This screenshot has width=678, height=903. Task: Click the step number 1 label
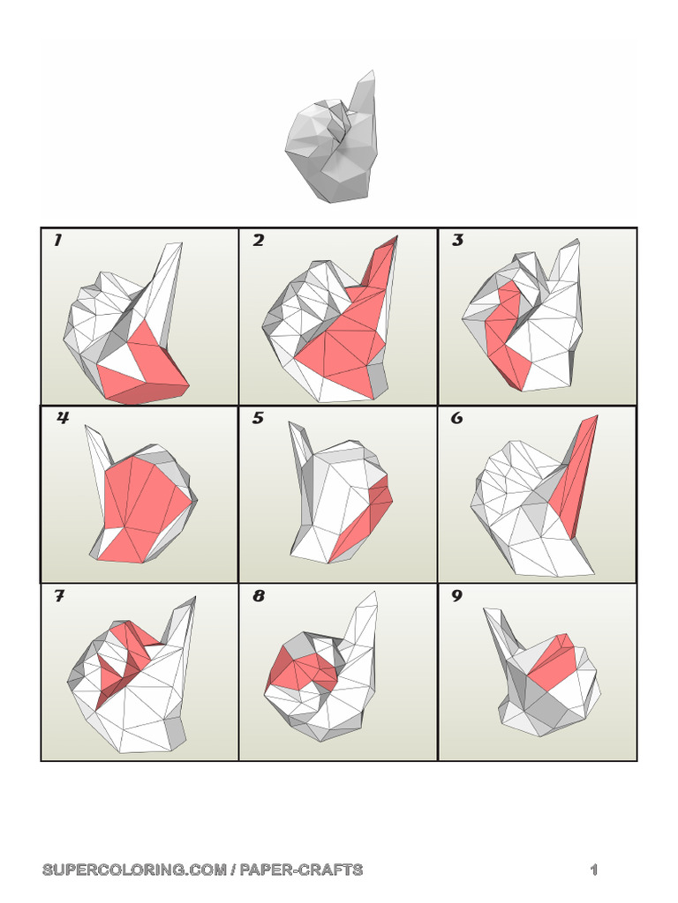[57, 241]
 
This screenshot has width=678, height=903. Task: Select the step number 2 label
[258, 241]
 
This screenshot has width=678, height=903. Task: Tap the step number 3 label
[457, 241]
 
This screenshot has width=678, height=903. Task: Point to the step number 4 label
[63, 418]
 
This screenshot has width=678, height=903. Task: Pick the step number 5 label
[258, 418]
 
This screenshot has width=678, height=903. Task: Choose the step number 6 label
[457, 418]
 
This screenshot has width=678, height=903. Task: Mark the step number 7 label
[58, 597]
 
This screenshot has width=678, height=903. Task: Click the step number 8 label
[258, 597]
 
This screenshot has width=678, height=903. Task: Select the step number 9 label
[457, 597]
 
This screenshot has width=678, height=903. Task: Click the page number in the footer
[594, 870]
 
